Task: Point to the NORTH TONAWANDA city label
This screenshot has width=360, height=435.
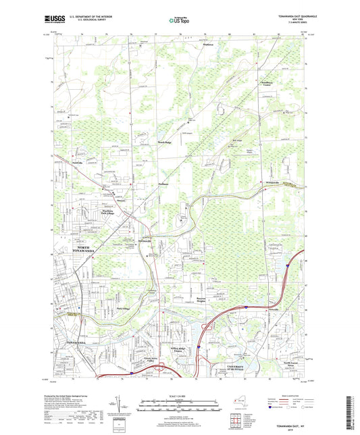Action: [75, 249]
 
